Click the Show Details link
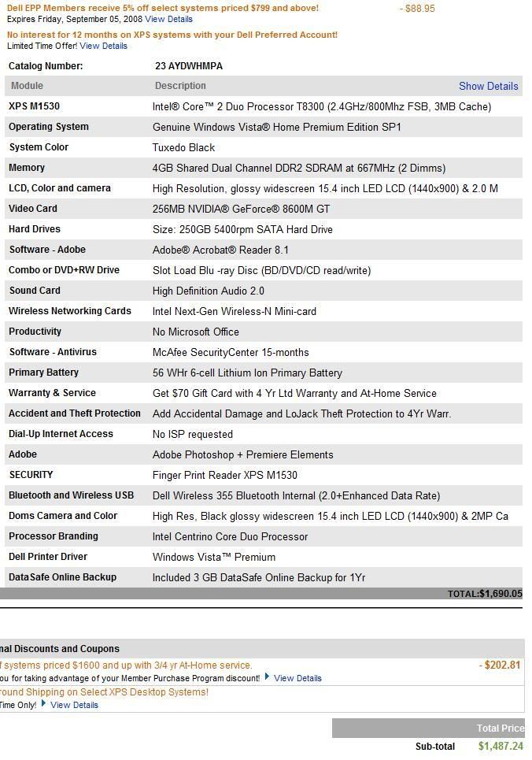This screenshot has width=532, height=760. click(488, 86)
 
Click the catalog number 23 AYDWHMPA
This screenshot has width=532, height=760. click(189, 66)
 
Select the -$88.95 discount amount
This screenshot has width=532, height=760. click(417, 9)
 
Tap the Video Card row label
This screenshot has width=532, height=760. click(33, 209)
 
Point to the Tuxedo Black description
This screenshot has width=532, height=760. click(183, 147)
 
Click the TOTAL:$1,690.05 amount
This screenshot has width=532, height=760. click(484, 594)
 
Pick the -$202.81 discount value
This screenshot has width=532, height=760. click(500, 665)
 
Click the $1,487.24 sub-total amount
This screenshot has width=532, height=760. click(500, 746)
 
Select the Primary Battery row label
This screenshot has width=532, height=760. click(43, 373)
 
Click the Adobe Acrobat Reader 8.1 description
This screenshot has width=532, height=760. click(220, 250)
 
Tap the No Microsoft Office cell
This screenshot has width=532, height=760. click(195, 332)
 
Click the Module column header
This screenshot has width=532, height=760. click(28, 86)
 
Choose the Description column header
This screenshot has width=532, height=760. click(180, 86)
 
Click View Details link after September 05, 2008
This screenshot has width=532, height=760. click(168, 19)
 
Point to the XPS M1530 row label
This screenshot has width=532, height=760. click(34, 106)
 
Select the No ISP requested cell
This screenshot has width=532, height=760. click(192, 434)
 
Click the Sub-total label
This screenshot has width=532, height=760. click(434, 747)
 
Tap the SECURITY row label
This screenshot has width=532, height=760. click(31, 475)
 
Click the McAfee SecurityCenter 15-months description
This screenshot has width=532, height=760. click(230, 352)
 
